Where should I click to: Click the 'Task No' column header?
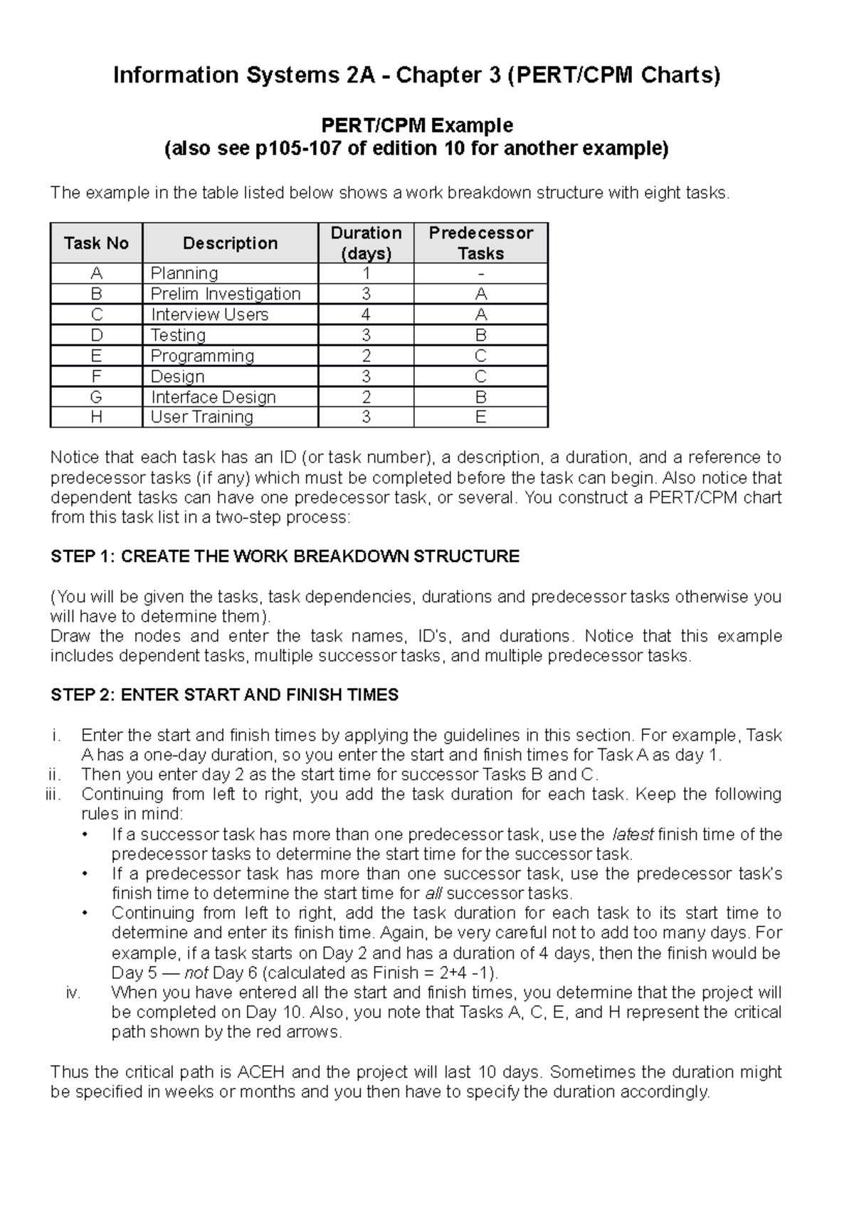coord(96,243)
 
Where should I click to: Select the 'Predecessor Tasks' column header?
coord(480,243)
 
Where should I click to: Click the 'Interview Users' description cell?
coord(209,314)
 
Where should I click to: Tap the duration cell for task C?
coord(366,314)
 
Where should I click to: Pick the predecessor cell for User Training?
coord(480,417)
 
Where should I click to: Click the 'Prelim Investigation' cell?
coord(226,294)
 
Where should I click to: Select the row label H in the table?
coord(96,417)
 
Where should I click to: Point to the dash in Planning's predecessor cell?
coord(481,274)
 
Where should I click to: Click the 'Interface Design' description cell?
coord(213,397)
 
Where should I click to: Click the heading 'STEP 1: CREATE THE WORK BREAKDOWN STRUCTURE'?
coord(285,556)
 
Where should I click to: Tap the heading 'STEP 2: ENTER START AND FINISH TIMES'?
coord(224,695)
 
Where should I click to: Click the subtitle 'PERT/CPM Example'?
coord(417,125)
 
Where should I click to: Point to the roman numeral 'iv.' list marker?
coord(73,993)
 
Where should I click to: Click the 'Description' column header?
coord(230,243)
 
